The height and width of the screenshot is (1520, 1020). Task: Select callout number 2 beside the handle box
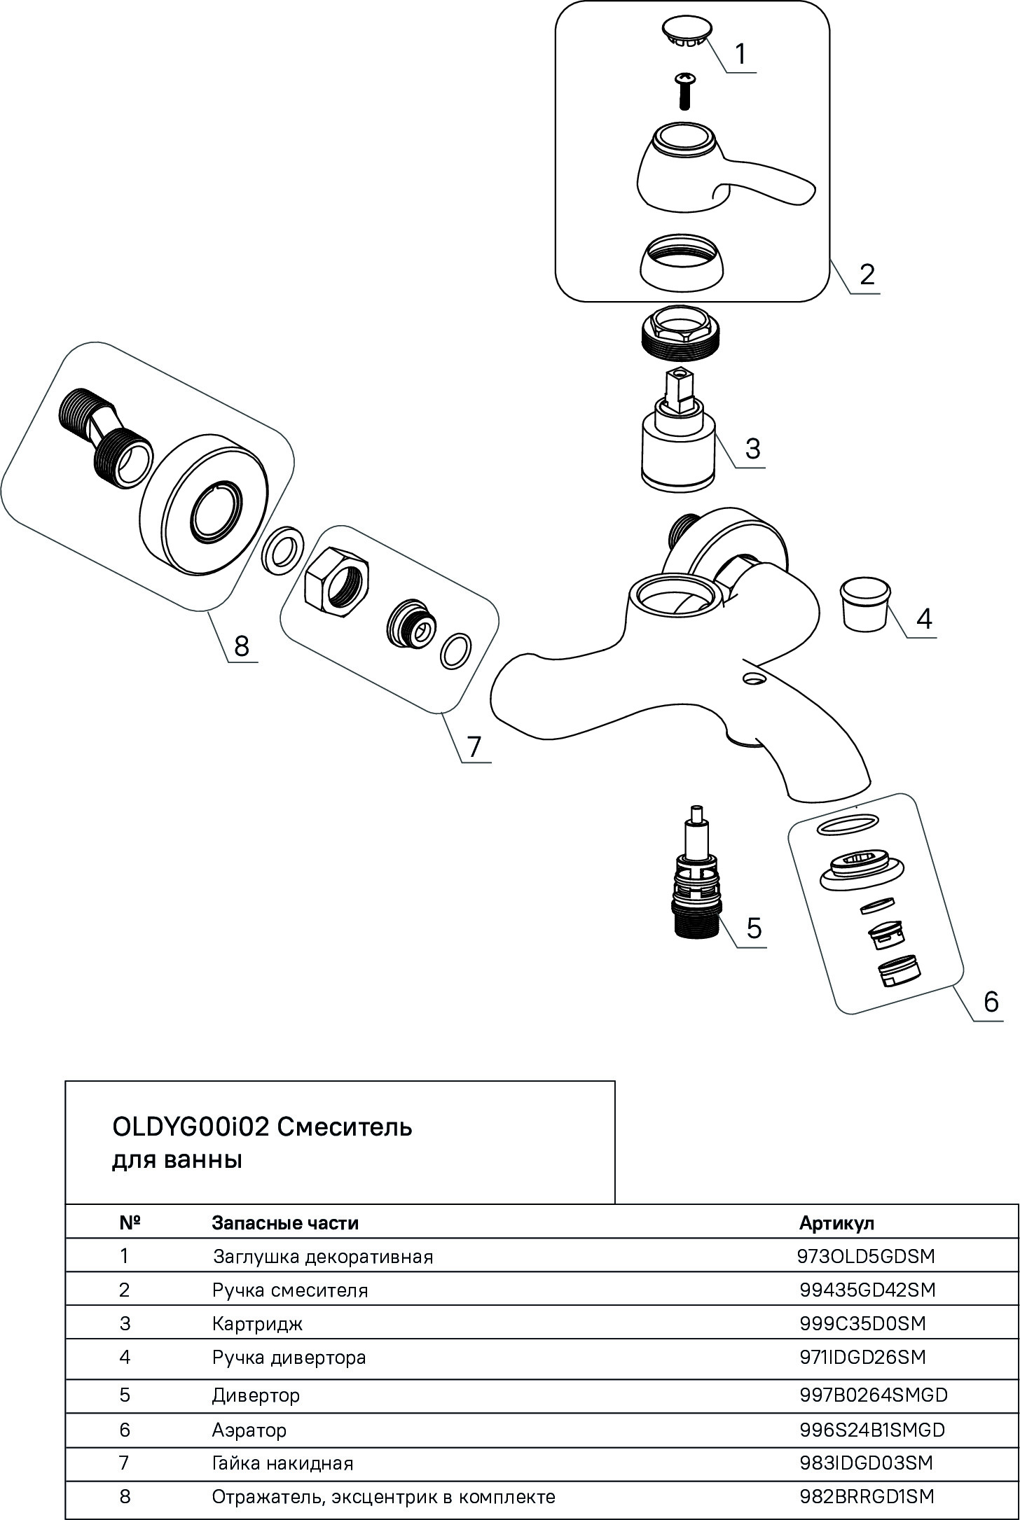[x=867, y=274]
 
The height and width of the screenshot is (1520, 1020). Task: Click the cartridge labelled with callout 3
[x=678, y=445]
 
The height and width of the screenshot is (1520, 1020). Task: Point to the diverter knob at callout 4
[x=864, y=602]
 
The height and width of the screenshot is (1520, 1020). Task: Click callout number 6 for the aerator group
[x=991, y=1002]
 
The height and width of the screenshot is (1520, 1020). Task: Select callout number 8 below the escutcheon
[x=241, y=646]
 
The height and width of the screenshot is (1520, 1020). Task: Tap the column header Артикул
[x=836, y=1223]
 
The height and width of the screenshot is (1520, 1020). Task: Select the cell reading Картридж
[x=257, y=1324]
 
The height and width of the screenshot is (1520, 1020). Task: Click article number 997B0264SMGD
[x=873, y=1395]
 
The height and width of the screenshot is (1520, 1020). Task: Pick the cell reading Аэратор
[x=249, y=1430]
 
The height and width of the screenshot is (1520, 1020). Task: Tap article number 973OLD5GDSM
[x=866, y=1256]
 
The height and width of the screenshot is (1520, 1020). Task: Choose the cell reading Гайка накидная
[x=282, y=1463]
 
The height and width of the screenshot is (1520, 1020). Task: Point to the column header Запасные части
[x=285, y=1223]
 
